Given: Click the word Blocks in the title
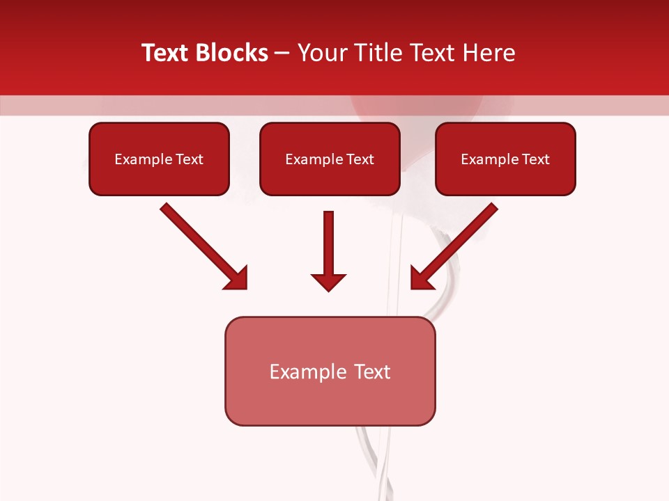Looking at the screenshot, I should point(231,53).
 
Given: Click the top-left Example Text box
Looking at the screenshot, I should point(159,159).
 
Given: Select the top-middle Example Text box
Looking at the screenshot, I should point(330,159).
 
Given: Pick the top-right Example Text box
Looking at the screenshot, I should point(505,159).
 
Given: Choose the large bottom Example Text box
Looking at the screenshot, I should point(330,371).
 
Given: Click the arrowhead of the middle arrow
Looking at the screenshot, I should point(328,282).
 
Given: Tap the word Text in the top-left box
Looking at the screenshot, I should point(190,159).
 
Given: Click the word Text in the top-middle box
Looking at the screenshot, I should point(360,159).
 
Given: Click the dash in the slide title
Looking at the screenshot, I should point(282,54).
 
